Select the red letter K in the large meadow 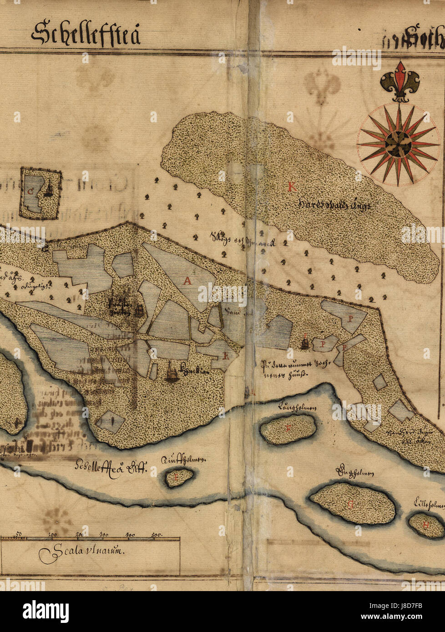click(x=291, y=186)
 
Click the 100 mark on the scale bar click(x=53, y=534)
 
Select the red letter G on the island click(x=350, y=504)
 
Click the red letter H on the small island click(x=426, y=524)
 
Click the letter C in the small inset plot click(x=30, y=191)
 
